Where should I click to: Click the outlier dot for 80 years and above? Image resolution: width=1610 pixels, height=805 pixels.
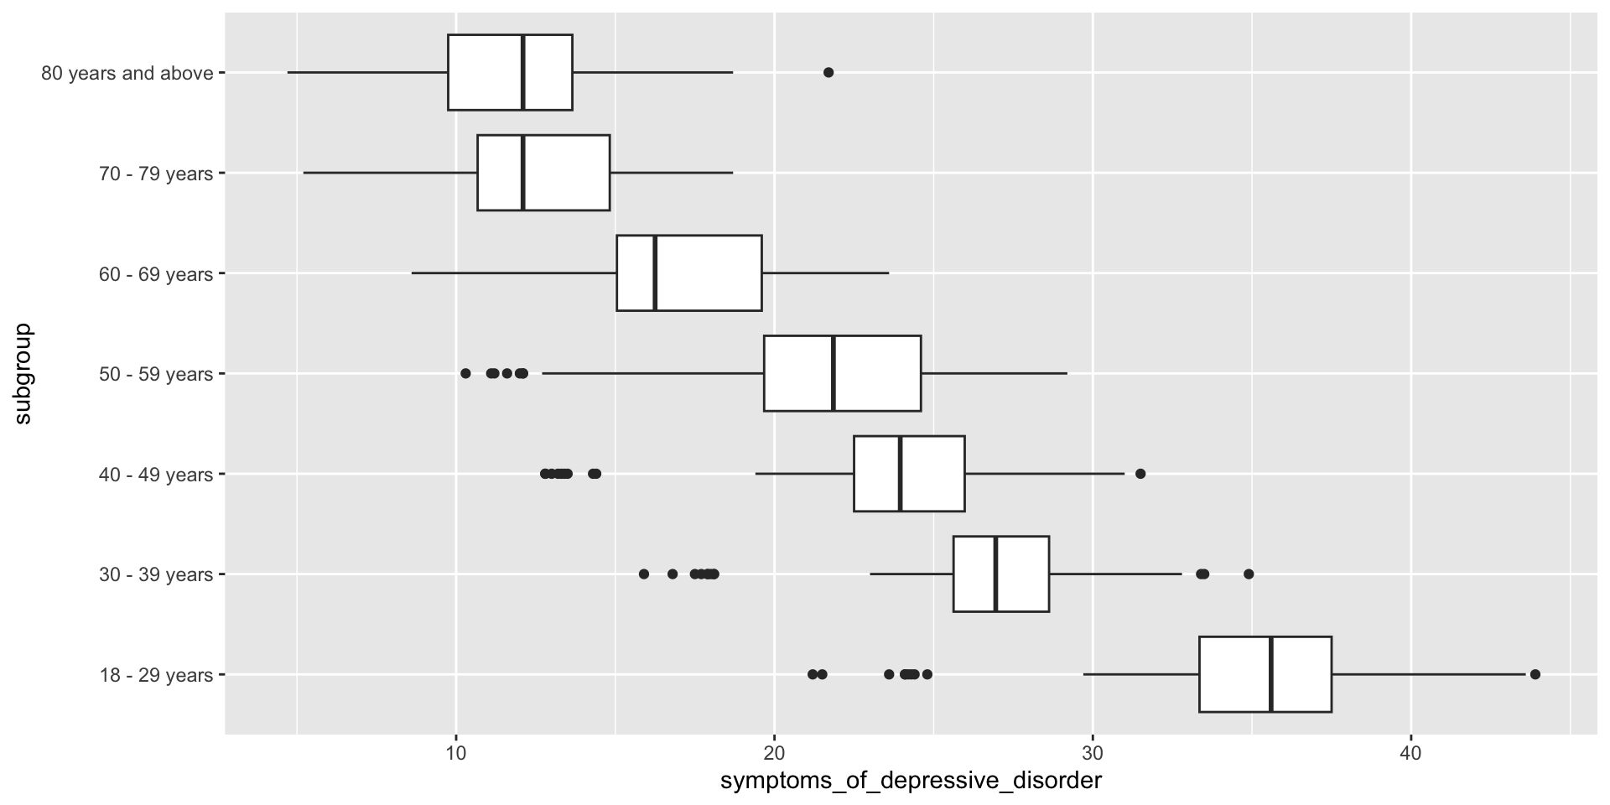[828, 72]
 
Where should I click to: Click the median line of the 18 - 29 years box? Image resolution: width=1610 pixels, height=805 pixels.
[1271, 674]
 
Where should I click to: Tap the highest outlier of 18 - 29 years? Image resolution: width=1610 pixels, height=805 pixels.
[1535, 674]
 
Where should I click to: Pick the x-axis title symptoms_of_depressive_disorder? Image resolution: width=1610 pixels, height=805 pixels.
[911, 782]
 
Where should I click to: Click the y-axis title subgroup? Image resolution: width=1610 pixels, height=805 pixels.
[23, 373]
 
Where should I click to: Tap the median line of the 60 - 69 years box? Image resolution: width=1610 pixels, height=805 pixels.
[655, 273]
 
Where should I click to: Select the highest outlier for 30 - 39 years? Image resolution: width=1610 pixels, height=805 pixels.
[1249, 574]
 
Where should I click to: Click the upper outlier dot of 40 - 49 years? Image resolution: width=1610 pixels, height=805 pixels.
[1140, 474]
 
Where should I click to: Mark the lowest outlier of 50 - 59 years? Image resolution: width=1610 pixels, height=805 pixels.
[465, 373]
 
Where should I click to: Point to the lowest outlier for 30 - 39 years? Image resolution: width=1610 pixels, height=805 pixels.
[644, 574]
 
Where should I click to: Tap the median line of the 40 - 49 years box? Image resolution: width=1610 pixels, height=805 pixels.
[900, 474]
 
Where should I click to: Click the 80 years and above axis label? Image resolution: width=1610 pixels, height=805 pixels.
[127, 73]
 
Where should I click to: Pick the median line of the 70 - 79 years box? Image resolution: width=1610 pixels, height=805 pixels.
[522, 173]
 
